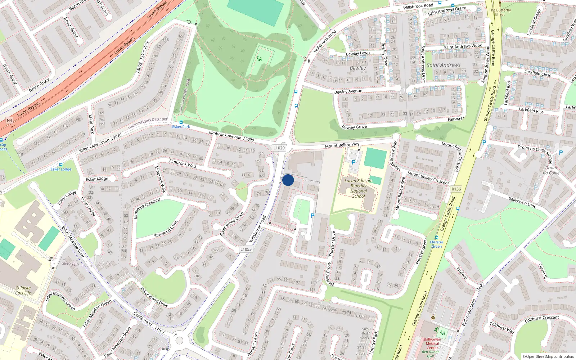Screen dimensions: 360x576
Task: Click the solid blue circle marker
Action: point(288,180)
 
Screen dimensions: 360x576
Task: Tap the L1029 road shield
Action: point(279,148)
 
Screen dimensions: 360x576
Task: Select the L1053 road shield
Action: point(246,249)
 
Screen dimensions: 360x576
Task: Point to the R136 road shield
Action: point(456,189)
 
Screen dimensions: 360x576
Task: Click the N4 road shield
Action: point(9,120)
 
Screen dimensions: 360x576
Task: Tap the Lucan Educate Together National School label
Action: point(359,188)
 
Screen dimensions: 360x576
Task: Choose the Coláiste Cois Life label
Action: point(23,290)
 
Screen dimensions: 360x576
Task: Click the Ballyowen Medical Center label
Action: point(432,343)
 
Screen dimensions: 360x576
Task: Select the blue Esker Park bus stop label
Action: point(181,127)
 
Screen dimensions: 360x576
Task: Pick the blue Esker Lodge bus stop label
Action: point(61,169)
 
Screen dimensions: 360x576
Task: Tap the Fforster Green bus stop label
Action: point(436,244)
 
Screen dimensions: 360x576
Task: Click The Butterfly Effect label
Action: point(500,12)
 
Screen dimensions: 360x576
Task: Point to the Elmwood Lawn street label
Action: point(166,229)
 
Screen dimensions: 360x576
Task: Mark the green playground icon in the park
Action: point(259,59)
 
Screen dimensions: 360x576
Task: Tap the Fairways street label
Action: point(456,119)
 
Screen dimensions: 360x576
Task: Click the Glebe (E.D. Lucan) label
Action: point(76,264)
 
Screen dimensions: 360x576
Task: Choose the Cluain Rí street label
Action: point(543,271)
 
